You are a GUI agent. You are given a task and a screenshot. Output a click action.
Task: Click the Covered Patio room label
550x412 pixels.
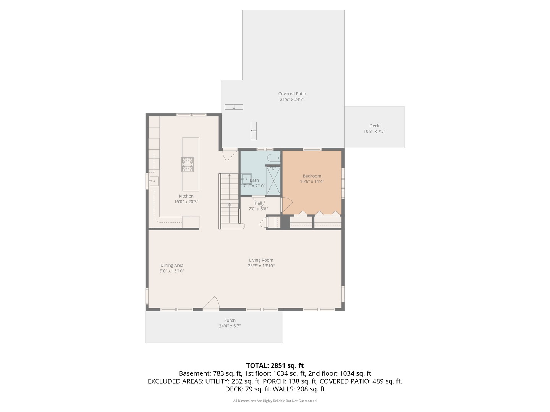[292, 94]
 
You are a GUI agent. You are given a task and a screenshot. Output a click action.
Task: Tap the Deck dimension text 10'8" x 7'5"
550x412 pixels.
[374, 131]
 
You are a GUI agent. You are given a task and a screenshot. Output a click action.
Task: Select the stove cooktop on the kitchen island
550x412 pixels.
[187, 164]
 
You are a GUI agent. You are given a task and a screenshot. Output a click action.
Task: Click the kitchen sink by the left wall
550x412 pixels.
[154, 181]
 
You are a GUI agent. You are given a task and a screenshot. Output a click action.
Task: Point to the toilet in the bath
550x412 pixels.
[273, 158]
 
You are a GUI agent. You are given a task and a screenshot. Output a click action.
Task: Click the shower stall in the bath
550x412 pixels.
[273, 180]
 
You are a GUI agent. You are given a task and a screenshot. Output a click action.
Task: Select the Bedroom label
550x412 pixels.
[312, 176]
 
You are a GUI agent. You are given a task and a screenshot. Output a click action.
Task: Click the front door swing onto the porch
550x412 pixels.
[211, 303]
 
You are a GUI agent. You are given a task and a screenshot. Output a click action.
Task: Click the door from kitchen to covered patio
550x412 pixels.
[230, 155]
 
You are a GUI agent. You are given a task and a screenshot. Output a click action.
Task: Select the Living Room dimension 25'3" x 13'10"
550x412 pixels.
[261, 266]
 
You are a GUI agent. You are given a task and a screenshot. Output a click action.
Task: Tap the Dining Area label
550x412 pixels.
[172, 266]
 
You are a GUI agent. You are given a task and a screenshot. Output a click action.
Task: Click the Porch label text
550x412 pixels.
[230, 320]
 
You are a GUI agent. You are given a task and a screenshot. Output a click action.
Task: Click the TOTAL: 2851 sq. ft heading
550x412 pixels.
[275, 365]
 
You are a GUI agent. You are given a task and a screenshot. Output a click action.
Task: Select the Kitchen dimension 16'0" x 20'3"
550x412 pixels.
[186, 202]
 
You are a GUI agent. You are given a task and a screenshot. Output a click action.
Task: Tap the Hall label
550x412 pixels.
[258, 203]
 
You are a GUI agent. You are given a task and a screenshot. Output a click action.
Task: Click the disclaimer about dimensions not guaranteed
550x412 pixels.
[275, 401]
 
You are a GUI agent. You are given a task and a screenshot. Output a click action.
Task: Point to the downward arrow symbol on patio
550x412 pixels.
[234, 107]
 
